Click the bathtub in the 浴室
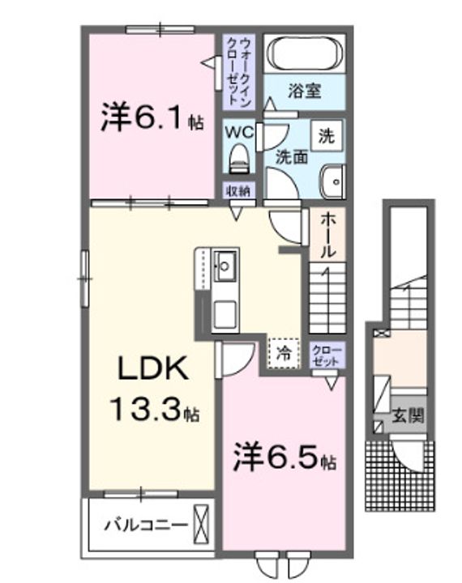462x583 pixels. tap(306, 53)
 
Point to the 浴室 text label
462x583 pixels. tap(304, 91)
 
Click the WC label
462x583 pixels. tap(240, 130)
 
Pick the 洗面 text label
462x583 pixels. tap(291, 157)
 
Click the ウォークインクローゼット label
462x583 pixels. tap(239, 71)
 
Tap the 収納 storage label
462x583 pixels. tap(238, 191)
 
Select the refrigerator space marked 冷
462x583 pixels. tap(284, 352)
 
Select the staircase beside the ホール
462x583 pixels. tap(327, 296)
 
